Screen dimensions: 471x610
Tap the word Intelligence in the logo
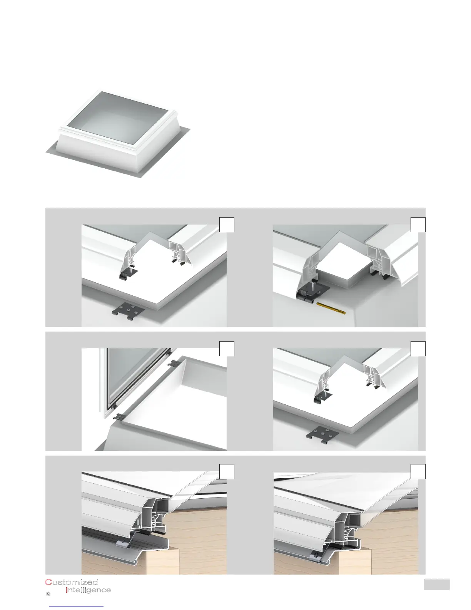(x=88, y=590)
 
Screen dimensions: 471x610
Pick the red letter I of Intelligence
(x=67, y=590)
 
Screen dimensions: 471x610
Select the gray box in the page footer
(x=437, y=584)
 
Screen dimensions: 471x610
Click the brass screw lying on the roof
(x=331, y=308)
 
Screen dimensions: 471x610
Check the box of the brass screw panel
(x=418, y=225)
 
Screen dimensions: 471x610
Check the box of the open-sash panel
(x=227, y=349)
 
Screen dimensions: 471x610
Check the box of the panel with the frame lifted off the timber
(x=227, y=471)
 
